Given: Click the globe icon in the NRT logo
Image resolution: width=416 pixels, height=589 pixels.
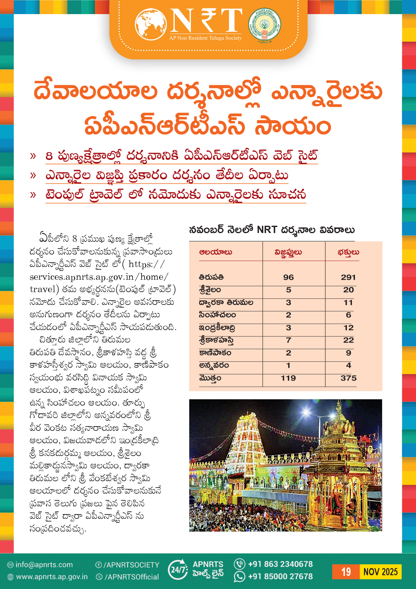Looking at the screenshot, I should pyautogui.click(x=151, y=25).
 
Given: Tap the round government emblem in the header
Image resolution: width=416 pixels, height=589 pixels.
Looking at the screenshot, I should pyautogui.click(x=264, y=25).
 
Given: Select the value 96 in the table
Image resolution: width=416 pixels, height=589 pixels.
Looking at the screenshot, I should pyautogui.click(x=289, y=277).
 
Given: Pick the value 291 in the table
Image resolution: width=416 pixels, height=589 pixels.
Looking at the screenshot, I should pyautogui.click(x=348, y=277).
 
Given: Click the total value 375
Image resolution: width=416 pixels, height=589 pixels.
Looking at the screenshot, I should pyautogui.click(x=349, y=378).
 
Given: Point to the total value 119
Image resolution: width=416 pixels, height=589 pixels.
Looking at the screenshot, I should pyautogui.click(x=289, y=378).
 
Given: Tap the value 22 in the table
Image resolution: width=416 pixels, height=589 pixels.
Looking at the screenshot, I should pyautogui.click(x=349, y=340).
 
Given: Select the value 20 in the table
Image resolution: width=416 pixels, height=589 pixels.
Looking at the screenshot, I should pyautogui.click(x=349, y=290).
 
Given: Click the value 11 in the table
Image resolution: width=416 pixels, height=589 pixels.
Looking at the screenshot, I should pyautogui.click(x=349, y=303).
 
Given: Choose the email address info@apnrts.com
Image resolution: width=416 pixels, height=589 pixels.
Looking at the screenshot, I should pyautogui.click(x=44, y=565).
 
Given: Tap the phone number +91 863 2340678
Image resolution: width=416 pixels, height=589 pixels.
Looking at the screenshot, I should pyautogui.click(x=280, y=564).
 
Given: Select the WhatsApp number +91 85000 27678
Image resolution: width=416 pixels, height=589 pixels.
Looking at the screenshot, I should pyautogui.click(x=280, y=577).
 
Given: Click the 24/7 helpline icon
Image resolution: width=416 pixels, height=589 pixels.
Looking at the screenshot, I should pyautogui.click(x=177, y=570).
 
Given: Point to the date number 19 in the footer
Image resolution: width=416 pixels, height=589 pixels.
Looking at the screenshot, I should pyautogui.click(x=346, y=572).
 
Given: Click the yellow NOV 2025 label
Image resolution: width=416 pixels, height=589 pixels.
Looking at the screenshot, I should pyautogui.click(x=380, y=572).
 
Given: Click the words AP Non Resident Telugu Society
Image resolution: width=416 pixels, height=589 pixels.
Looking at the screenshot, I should pyautogui.click(x=205, y=38).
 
